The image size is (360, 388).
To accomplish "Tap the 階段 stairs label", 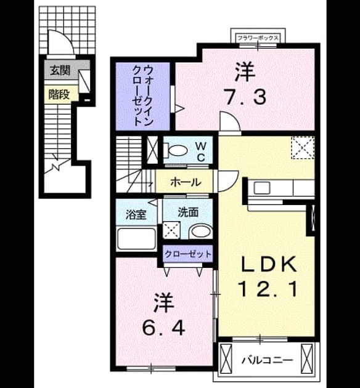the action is [x=59, y=94].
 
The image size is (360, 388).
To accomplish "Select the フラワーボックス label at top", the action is [x=258, y=38].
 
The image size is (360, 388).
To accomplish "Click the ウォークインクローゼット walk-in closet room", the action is [x=143, y=96].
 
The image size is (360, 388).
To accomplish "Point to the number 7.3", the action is [x=245, y=97].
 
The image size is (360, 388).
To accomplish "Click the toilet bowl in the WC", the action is [x=177, y=150].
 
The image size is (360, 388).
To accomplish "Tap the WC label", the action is [x=201, y=152].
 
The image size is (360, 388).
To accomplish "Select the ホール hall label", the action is [x=186, y=182].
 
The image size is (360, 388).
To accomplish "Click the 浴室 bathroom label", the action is [x=136, y=214].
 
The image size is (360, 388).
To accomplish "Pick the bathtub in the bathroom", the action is [x=136, y=238].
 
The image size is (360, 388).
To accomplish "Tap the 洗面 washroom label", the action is [x=188, y=212].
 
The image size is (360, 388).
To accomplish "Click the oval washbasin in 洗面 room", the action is [x=200, y=232].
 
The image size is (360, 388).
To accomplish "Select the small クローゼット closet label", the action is [x=188, y=254].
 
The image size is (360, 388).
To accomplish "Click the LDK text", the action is [x=269, y=264].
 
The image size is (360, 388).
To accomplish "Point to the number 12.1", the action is [x=268, y=289].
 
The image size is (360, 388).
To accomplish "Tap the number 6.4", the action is [x=163, y=328].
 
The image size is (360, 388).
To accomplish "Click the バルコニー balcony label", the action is [x=267, y=360].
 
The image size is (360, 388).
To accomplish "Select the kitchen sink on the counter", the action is [x=261, y=188].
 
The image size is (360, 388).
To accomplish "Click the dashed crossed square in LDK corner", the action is [x=303, y=148].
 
